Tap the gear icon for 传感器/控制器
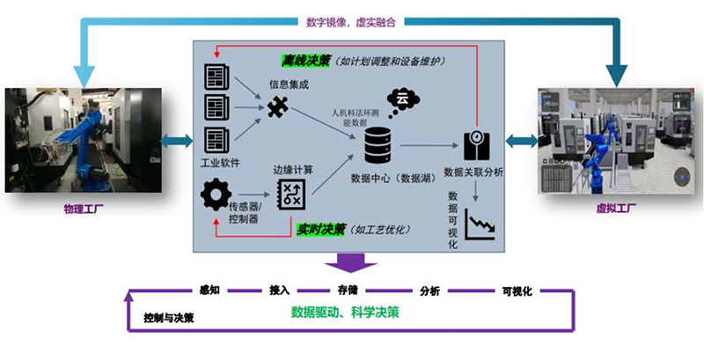pos(216,193)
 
